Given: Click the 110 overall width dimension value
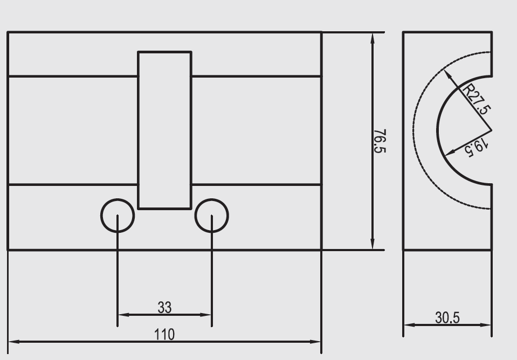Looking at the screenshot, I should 164,335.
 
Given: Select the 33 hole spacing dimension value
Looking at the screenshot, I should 164,308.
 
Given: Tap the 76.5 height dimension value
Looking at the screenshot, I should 380,141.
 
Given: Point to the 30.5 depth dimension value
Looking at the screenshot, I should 447,318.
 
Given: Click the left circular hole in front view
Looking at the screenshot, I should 118,216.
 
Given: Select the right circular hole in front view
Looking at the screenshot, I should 211,216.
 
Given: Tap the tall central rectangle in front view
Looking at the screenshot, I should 165,130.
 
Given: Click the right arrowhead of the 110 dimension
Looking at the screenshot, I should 316,342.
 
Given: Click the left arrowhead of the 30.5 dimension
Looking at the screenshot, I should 408,325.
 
